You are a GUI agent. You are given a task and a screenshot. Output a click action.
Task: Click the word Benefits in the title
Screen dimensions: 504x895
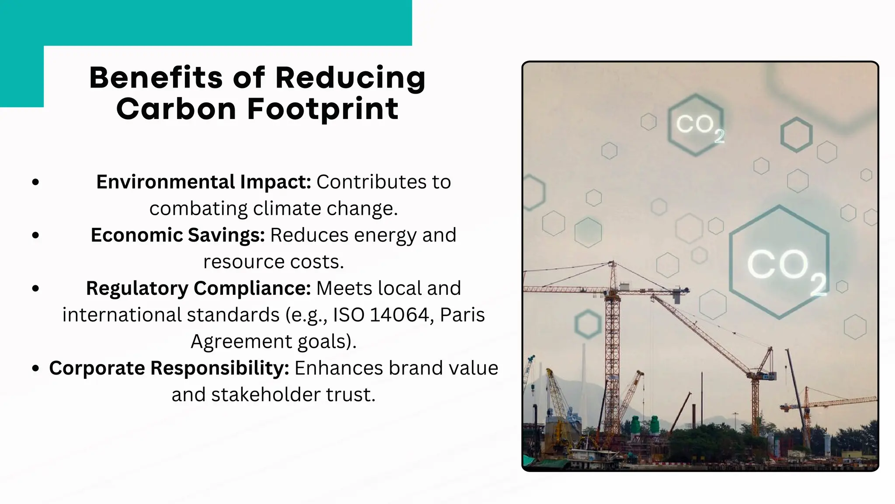[x=156, y=77]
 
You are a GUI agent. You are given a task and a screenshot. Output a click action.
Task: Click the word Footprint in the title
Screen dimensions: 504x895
[x=323, y=109]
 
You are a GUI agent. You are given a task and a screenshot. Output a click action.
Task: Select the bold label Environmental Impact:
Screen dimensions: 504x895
[x=203, y=182]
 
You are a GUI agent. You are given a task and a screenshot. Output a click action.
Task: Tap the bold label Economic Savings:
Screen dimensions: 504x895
[x=177, y=235]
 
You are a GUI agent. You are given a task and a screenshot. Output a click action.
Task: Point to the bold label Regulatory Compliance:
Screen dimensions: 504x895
[x=198, y=288]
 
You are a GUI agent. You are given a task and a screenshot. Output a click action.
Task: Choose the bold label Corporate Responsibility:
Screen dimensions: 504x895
[x=169, y=368]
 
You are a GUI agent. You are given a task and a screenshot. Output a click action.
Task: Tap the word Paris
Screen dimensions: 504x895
[x=462, y=315]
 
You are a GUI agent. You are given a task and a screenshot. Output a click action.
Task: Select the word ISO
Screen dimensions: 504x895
[x=349, y=315]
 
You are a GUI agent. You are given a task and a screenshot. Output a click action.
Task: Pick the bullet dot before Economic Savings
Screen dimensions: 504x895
[x=36, y=235]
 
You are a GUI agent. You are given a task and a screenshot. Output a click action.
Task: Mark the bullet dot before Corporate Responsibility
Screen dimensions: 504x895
[x=36, y=368]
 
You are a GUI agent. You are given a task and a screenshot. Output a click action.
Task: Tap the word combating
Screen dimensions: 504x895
[x=198, y=209]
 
